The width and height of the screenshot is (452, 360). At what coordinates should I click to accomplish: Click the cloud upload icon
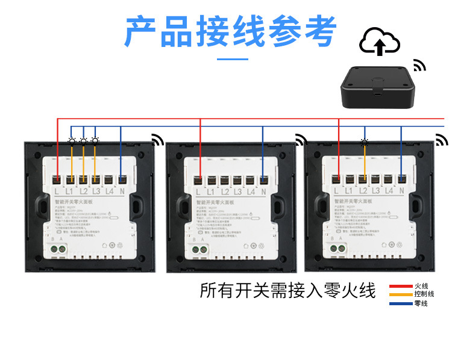coord(380,40)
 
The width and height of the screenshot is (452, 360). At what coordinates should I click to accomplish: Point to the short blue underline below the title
coord(232,59)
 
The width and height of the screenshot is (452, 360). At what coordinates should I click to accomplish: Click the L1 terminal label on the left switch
coord(70,191)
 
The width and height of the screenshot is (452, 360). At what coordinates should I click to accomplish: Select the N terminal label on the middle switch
coord(264,191)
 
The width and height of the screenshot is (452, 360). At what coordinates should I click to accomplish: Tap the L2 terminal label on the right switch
coord(364,191)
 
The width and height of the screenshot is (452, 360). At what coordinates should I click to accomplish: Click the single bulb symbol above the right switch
coord(364,142)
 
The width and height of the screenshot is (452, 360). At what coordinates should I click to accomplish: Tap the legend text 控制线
coord(421,294)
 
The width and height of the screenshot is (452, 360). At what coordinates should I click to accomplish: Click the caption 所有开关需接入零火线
coord(287,291)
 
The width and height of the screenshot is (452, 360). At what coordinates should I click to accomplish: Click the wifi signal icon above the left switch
coord(158,140)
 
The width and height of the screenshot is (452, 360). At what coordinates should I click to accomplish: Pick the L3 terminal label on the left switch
coord(96,191)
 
